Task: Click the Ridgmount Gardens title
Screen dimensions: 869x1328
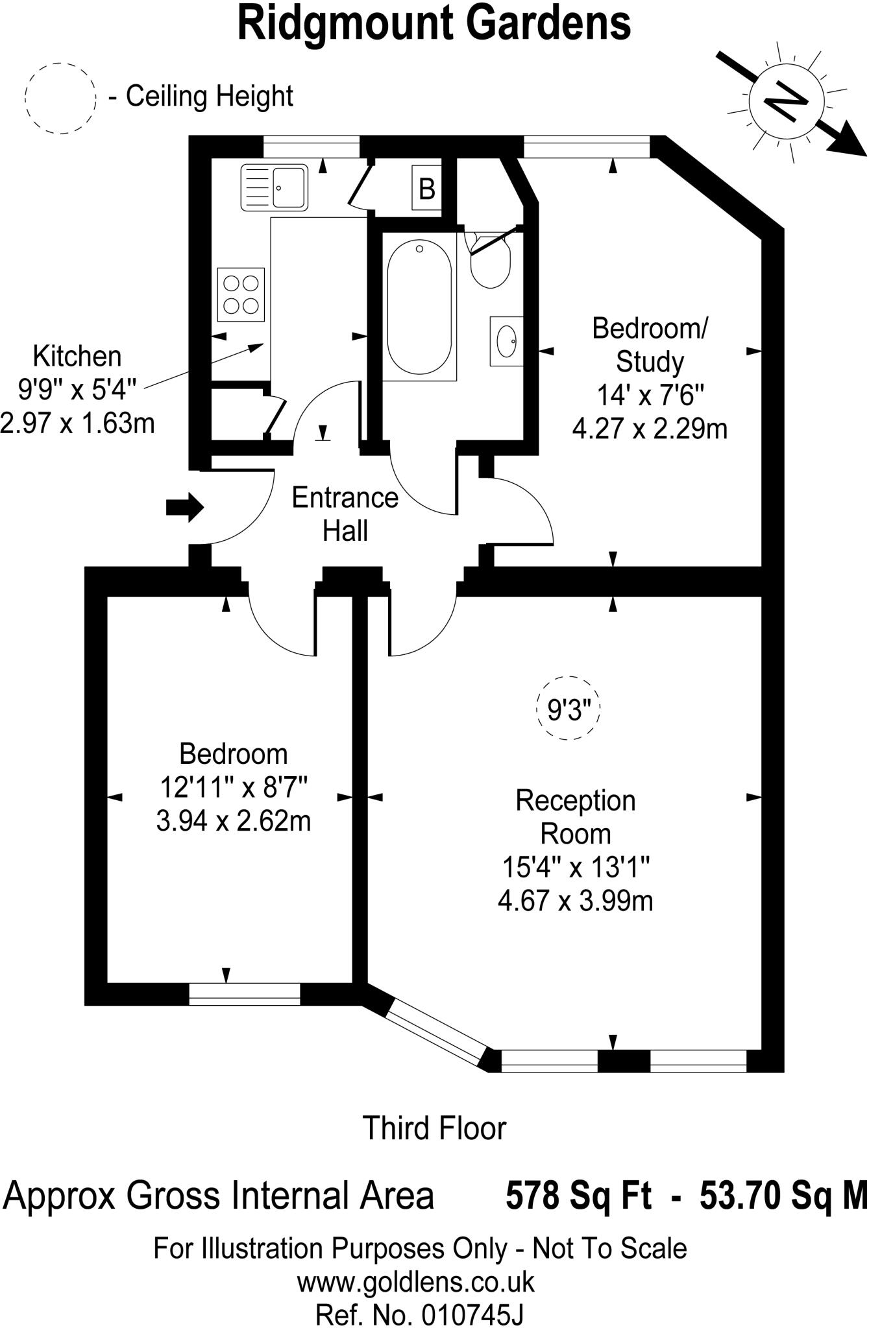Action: coord(434,23)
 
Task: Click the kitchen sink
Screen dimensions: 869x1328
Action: coord(274,187)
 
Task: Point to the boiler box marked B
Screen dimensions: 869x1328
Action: coord(426,188)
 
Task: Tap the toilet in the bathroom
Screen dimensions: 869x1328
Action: coord(491,261)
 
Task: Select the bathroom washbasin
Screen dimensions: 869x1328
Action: coord(506,340)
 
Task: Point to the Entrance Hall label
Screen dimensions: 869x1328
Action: coord(345,514)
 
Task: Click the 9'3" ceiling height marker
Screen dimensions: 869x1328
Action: coord(569,708)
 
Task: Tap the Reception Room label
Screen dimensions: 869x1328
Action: coord(576,817)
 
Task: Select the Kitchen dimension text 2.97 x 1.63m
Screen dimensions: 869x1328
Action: coord(78,423)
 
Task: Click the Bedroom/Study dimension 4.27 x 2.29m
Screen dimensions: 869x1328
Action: coord(650,429)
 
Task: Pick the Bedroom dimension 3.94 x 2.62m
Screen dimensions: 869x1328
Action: coord(234,821)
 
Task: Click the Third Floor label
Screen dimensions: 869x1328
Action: coord(434,1128)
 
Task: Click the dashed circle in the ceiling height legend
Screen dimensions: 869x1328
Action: coord(60,99)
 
